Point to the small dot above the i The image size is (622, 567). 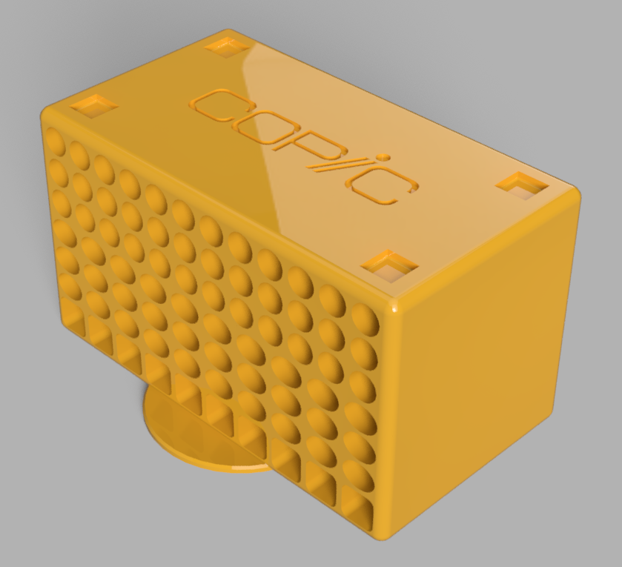(x=383, y=158)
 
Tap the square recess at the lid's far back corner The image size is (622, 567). (x=228, y=47)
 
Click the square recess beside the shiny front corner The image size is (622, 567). (x=390, y=266)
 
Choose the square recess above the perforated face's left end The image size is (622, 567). (x=94, y=105)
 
